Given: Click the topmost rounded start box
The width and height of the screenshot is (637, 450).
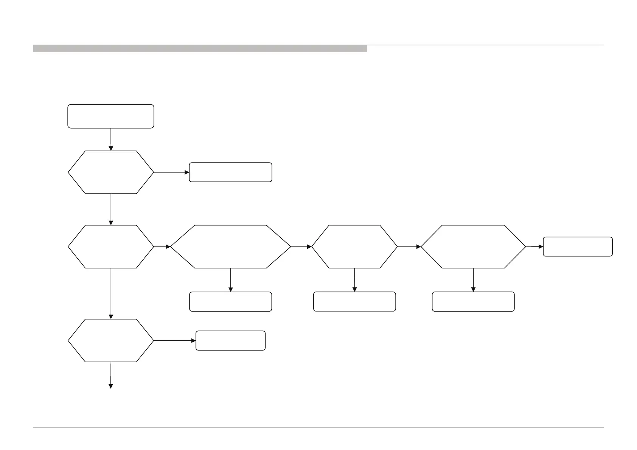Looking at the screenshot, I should [110, 116].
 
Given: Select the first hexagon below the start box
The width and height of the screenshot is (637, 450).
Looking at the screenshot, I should [110, 172].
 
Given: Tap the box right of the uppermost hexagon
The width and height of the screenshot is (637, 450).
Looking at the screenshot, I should [230, 172].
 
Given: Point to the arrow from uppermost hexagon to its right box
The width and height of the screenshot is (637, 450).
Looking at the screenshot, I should [171, 172].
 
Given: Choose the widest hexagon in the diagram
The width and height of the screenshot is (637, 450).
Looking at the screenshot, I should [230, 247].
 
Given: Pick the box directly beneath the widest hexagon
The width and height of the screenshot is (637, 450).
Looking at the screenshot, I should [230, 301].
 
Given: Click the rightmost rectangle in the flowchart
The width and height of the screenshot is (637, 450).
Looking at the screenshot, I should [578, 247].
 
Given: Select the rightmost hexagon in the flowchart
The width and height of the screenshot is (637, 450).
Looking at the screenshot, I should [473, 247].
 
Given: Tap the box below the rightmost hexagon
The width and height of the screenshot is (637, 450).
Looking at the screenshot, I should [473, 301].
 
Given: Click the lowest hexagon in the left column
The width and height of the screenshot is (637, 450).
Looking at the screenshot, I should [110, 340].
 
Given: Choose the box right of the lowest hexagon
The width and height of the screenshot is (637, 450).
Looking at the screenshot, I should [230, 340].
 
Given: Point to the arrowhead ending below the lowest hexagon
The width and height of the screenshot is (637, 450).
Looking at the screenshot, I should [111, 386].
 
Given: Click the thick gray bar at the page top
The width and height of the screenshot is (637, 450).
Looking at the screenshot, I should [200, 48].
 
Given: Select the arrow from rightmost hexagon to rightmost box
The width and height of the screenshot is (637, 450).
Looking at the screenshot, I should [534, 247].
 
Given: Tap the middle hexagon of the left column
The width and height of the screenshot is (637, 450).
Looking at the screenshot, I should [110, 247].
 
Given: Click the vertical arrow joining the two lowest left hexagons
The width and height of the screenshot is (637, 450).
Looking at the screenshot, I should [111, 293].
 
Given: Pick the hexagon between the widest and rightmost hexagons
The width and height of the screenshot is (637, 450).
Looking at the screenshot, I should [354, 247].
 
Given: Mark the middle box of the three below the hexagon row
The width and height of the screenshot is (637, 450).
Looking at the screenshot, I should [354, 301].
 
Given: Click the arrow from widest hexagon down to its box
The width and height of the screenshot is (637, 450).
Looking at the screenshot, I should [230, 280].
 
